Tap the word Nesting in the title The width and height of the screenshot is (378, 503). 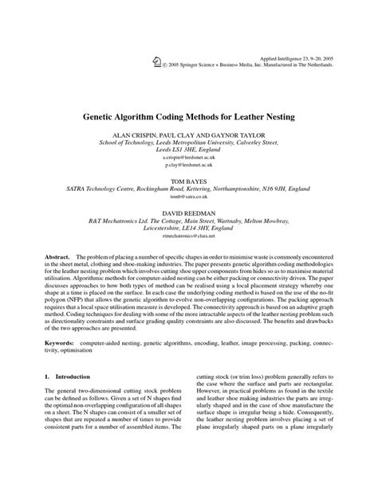[x=275, y=116]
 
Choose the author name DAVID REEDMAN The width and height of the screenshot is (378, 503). [x=189, y=216]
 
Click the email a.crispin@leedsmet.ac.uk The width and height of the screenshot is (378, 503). [x=189, y=158]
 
